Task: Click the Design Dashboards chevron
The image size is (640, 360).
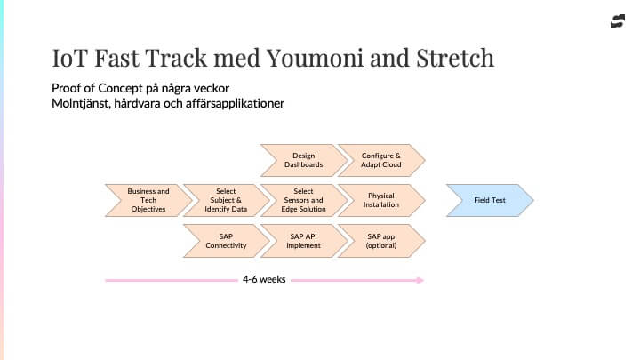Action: coord(304,160)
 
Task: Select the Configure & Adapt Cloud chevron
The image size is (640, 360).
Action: coord(381,160)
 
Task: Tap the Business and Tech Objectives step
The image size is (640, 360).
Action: coord(148,200)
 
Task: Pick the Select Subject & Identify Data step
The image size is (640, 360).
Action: coord(226,200)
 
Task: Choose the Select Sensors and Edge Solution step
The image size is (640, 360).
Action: coord(304,200)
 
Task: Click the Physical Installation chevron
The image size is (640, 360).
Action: coord(381,200)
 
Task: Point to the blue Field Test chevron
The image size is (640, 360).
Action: coord(490,200)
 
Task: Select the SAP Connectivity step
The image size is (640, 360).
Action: coord(226,241)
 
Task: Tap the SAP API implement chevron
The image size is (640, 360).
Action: coord(304,241)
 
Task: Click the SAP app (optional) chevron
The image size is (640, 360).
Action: coord(381,241)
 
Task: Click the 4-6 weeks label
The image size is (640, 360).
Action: coord(264,280)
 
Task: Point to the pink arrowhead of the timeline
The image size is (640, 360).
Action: coord(420,280)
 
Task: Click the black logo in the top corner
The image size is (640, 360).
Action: coord(618,21)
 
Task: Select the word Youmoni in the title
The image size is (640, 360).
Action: coord(315,58)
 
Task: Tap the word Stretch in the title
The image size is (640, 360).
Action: coord(455,58)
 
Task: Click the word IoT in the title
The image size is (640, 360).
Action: coord(70,58)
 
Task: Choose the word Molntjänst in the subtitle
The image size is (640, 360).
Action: coord(81,103)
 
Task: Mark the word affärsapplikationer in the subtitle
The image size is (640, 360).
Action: coord(235,103)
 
